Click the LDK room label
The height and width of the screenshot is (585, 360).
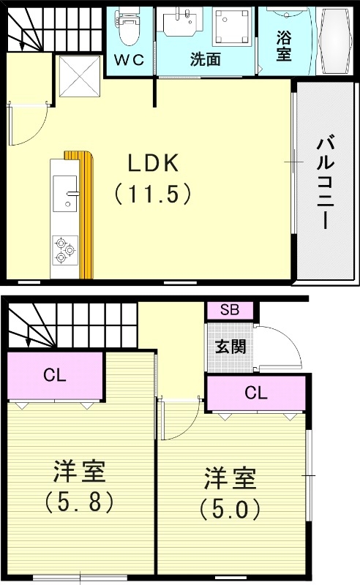pyautogui.click(x=154, y=163)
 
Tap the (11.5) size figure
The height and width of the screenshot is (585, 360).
pyautogui.click(x=154, y=194)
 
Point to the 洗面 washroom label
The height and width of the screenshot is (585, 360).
pyautogui.click(x=205, y=59)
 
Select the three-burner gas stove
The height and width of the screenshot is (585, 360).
pyautogui.click(x=64, y=250)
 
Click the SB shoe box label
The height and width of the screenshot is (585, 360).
pyautogui.click(x=229, y=310)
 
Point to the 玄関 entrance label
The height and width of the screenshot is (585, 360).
pyautogui.click(x=230, y=347)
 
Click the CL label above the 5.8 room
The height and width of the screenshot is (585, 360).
pyautogui.click(x=54, y=377)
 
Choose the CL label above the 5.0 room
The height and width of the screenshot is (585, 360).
pyautogui.click(x=255, y=393)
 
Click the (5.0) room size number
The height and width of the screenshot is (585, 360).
pyautogui.click(x=230, y=507)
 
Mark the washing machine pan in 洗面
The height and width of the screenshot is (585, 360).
pyautogui.click(x=233, y=27)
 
